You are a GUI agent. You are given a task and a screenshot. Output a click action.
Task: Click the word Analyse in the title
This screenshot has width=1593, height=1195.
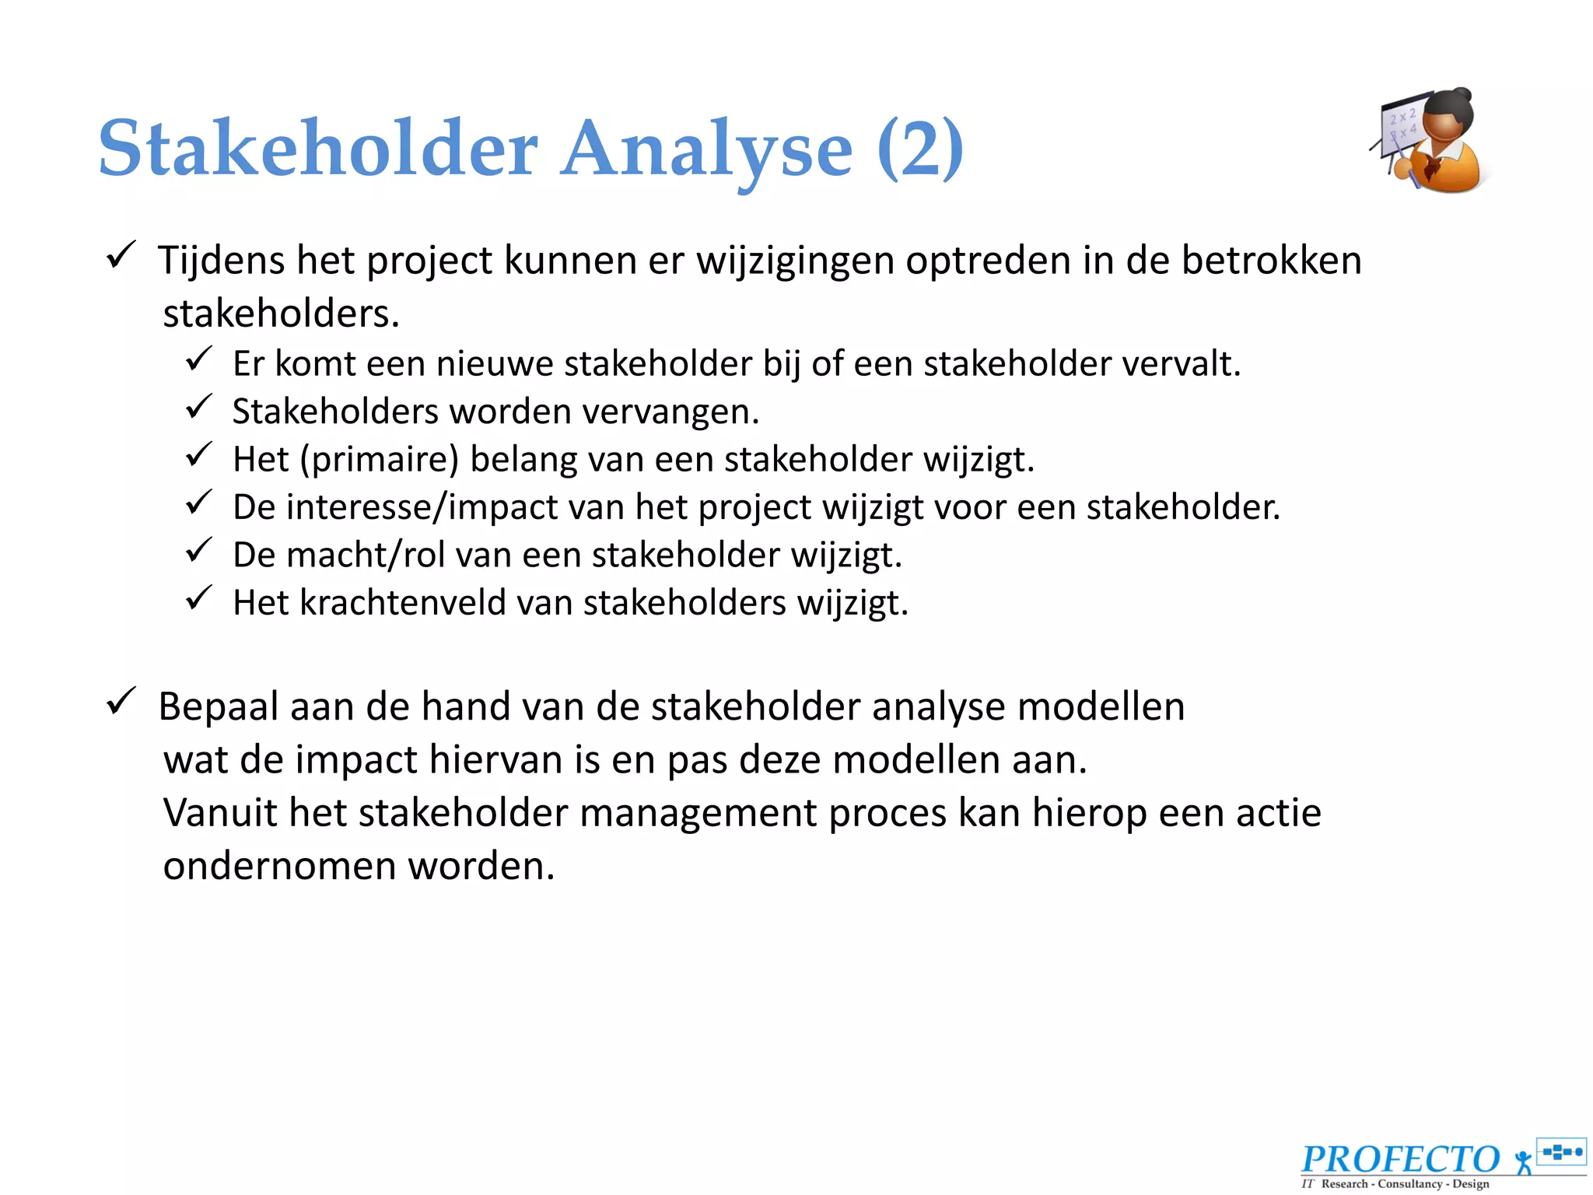click(706, 150)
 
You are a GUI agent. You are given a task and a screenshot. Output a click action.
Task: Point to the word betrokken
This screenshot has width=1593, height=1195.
click(1271, 261)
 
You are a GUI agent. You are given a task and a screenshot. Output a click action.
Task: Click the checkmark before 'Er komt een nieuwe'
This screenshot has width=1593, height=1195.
click(199, 359)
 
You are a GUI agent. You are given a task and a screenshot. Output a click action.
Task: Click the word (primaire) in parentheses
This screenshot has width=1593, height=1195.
click(380, 460)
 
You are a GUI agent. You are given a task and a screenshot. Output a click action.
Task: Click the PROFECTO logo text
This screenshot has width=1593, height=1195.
click(1400, 1158)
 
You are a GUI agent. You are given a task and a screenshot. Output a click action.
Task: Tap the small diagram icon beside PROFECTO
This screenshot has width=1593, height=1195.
click(1561, 1151)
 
